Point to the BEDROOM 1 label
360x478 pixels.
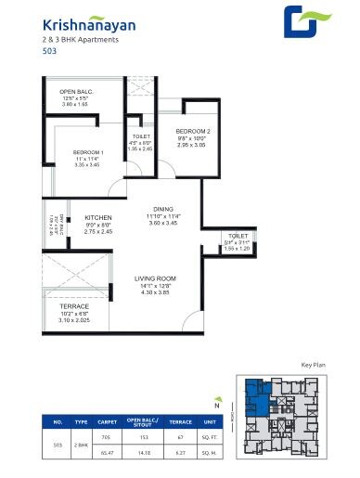(x=89, y=151)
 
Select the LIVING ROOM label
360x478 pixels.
(x=156, y=278)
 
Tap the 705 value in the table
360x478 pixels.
(x=106, y=435)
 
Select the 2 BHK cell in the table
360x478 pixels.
(x=81, y=445)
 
